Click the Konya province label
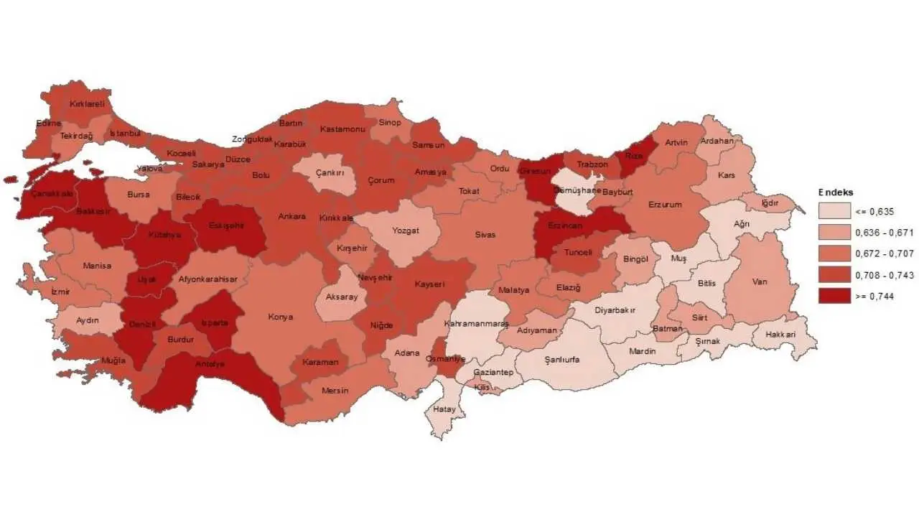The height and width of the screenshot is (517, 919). coord(281,317)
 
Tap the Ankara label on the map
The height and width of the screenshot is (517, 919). coord(292,216)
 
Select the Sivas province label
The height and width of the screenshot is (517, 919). coord(485,234)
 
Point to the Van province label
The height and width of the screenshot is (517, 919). coord(760,281)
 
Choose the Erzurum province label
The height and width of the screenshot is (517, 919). coord(664,205)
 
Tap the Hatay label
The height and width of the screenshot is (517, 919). coord(444,409)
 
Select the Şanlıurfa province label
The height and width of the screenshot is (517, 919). coord(562,359)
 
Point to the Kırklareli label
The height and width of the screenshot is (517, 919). coord(87,103)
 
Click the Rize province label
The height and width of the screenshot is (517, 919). coord(633,155)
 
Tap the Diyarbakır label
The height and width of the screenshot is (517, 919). coord(615,312)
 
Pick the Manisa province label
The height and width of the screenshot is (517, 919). coord(97,266)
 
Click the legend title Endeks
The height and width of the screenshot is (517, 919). coord(835,192)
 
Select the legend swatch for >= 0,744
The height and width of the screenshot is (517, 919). coord(834,296)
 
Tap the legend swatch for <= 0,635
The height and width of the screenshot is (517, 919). coord(834,211)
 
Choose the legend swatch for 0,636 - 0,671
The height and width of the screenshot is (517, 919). coord(834,232)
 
